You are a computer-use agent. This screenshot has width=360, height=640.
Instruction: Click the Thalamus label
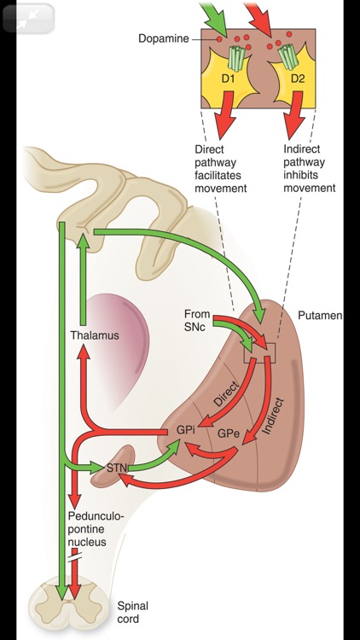[95, 335]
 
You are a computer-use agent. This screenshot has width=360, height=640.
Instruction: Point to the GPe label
[228, 433]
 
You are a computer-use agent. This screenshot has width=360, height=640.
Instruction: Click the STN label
[117, 468]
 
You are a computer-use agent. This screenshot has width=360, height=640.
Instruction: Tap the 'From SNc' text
[197, 320]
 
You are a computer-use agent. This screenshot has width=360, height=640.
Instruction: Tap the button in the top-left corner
[28, 18]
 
